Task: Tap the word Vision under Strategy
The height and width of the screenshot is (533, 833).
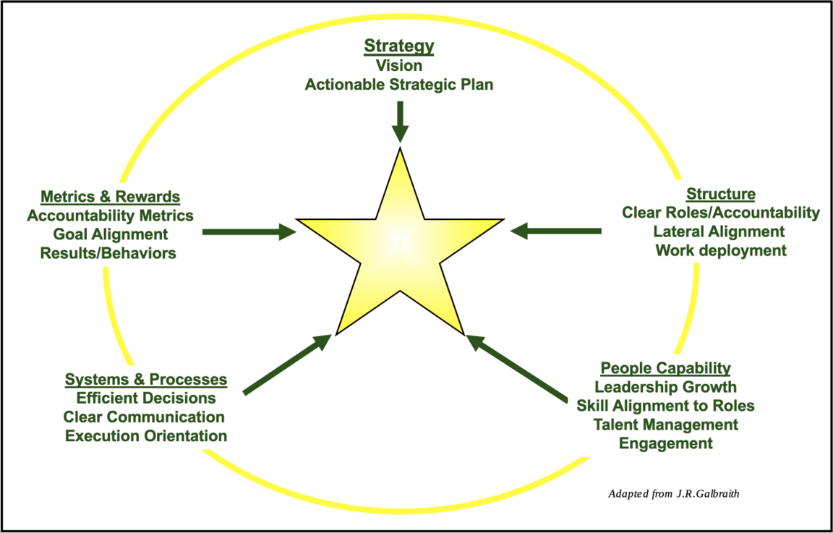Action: tap(399, 66)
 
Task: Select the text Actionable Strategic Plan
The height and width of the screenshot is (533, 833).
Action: tap(399, 85)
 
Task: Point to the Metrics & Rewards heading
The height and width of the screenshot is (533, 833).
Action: tap(110, 197)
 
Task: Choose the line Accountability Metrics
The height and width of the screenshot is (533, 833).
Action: tap(110, 216)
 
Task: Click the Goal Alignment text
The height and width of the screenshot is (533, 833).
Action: tap(110, 234)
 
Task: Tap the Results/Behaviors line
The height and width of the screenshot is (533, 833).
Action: tap(108, 253)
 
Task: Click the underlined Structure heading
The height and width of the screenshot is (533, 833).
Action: tap(720, 194)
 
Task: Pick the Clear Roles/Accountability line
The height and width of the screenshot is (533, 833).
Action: tap(721, 213)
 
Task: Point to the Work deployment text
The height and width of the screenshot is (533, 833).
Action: tap(721, 250)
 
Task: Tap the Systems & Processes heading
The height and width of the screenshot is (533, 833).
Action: tap(146, 380)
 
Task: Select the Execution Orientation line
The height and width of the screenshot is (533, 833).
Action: tap(146, 436)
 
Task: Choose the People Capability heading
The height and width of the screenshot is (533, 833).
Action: tap(665, 368)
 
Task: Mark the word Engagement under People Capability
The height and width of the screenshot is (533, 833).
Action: tap(666, 443)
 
